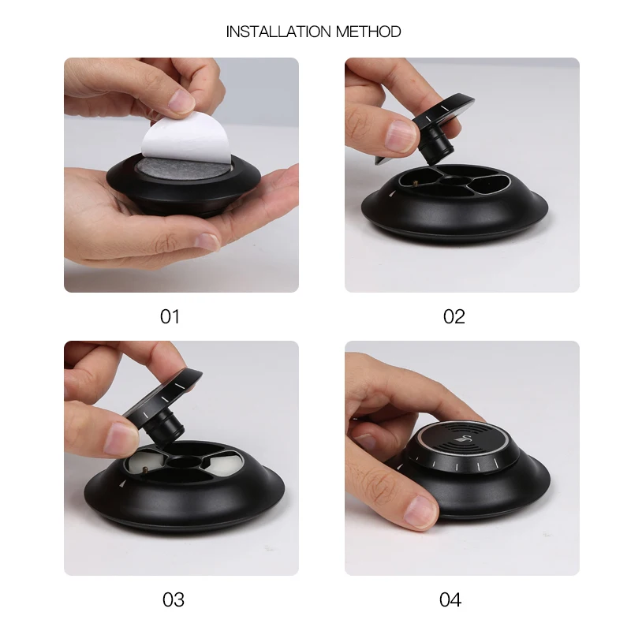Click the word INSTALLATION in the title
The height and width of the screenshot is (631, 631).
[x=279, y=32]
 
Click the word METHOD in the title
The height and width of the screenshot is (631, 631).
[x=368, y=32]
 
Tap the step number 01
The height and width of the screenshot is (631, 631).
[x=170, y=317]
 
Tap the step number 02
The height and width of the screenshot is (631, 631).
[x=454, y=317]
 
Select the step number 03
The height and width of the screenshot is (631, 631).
[x=174, y=599]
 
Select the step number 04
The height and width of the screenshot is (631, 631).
[x=450, y=599]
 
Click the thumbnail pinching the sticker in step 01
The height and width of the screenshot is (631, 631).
[x=181, y=101]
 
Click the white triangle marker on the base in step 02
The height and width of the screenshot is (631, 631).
[x=392, y=194]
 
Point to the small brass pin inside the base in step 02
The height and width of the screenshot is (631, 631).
[x=415, y=184]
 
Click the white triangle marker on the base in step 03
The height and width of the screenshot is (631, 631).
[x=123, y=484]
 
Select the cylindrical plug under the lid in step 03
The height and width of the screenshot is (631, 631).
[x=164, y=427]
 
